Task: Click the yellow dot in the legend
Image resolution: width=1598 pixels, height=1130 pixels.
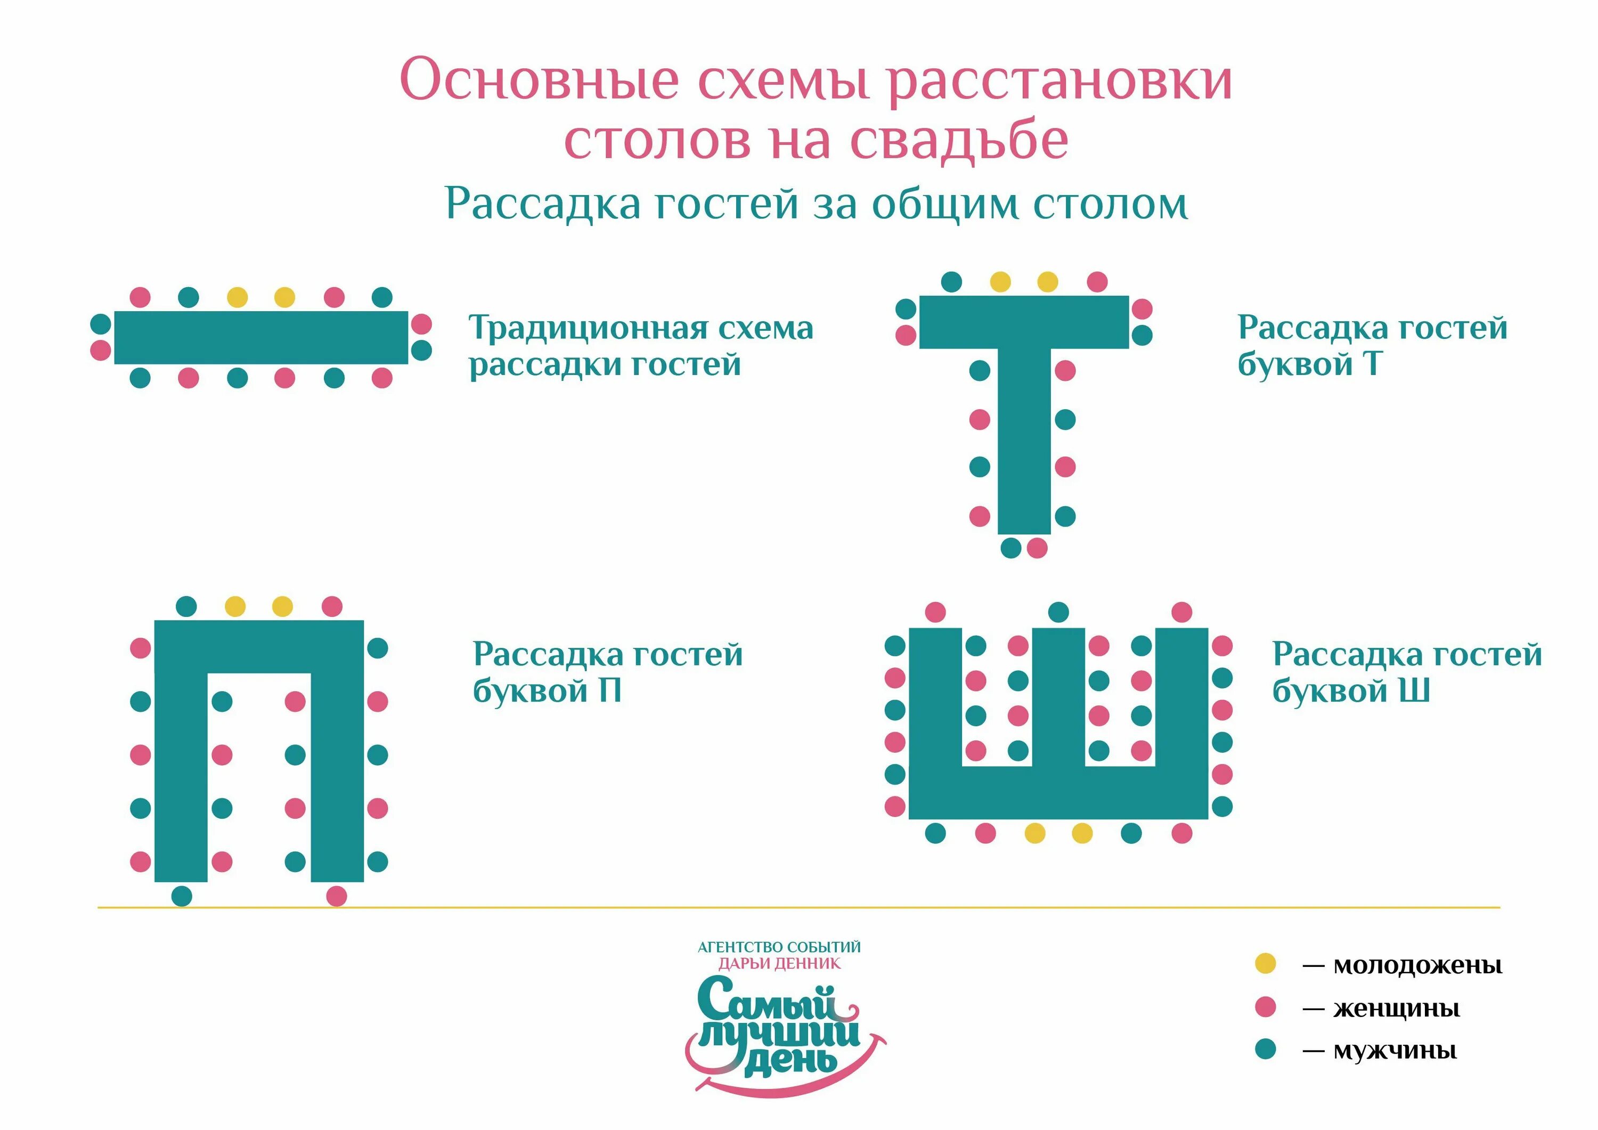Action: [1265, 964]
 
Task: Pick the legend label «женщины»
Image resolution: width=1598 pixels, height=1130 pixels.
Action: [1396, 1008]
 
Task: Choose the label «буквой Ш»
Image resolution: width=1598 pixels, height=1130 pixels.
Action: [1351, 690]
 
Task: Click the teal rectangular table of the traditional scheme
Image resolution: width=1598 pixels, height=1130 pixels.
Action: [261, 338]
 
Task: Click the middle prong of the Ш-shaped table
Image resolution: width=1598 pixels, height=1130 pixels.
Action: [1058, 696]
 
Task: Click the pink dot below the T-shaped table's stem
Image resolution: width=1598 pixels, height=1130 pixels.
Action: [1037, 548]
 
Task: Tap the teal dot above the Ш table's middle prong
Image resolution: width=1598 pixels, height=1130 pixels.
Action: [1058, 613]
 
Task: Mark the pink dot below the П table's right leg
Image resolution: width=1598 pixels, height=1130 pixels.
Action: [336, 896]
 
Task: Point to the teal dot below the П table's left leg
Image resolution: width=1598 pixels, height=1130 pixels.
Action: [182, 896]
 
